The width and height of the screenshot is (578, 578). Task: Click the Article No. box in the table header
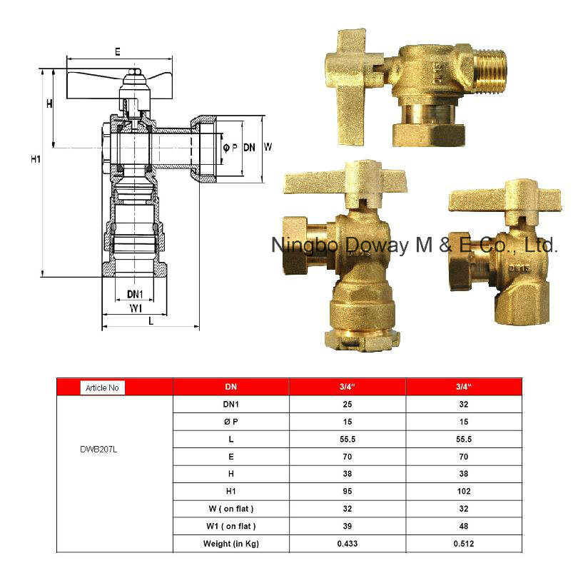click(102, 387)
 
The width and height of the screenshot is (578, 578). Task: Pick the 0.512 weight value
click(465, 544)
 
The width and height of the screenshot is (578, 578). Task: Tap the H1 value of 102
click(465, 492)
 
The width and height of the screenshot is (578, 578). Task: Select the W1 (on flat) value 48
click(465, 527)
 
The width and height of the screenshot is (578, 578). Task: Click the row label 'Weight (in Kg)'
click(230, 544)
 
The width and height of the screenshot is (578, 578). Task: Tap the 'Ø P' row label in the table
click(230, 422)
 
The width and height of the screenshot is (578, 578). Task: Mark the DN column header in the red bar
click(230, 387)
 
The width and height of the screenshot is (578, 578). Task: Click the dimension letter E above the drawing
click(117, 51)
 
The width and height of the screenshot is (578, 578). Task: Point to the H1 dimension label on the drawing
click(36, 159)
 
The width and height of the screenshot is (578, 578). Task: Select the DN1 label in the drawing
click(136, 294)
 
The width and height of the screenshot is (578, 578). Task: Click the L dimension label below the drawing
click(151, 322)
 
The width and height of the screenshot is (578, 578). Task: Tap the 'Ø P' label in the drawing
click(230, 148)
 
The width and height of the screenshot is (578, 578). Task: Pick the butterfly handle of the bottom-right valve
click(494, 199)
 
